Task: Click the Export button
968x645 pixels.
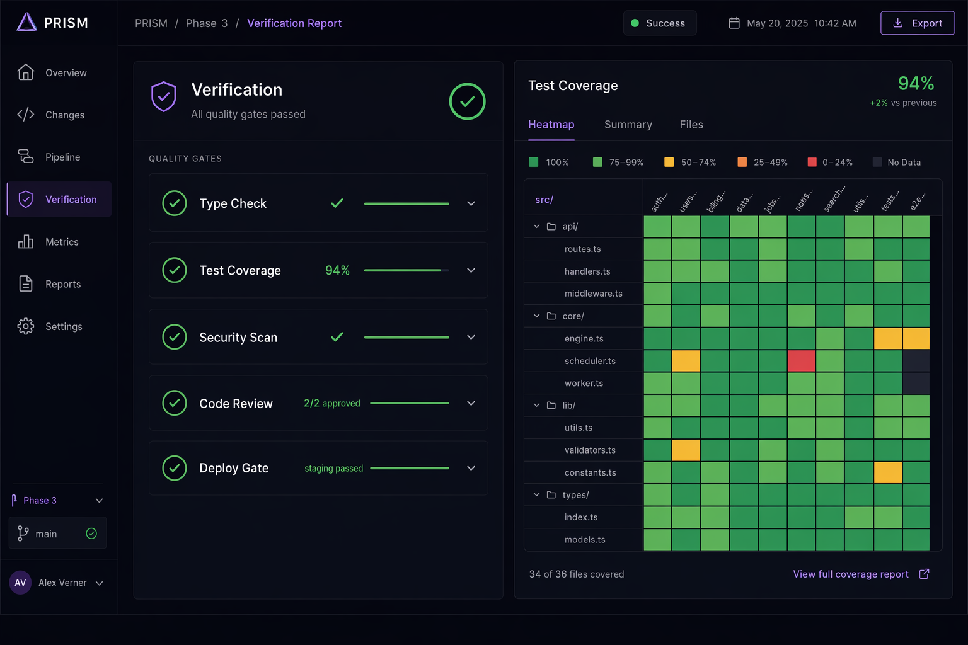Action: pos(918,23)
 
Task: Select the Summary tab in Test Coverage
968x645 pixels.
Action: pos(628,125)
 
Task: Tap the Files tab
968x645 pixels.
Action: pos(691,125)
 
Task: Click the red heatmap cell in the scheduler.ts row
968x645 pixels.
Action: pos(801,361)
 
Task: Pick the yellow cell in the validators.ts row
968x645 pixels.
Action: pos(686,450)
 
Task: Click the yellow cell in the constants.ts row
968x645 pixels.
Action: pos(887,472)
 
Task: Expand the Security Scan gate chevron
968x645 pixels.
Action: pos(471,337)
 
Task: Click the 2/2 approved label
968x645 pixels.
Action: pos(332,403)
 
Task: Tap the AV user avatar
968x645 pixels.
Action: pos(20,583)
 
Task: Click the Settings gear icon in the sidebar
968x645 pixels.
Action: pos(25,326)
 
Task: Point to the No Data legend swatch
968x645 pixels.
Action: pos(877,163)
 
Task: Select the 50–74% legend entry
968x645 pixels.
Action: pos(690,163)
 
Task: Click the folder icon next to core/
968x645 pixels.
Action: pos(551,316)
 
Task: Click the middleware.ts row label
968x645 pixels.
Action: pos(593,294)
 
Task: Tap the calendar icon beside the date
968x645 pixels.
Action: pos(734,23)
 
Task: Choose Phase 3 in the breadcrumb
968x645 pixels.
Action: pos(207,23)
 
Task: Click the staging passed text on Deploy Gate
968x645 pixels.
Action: pos(333,468)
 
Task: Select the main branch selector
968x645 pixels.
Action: pos(57,534)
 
